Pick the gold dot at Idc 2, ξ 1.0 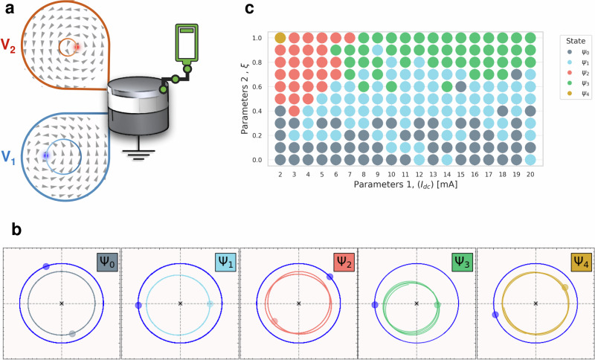click(x=280, y=38)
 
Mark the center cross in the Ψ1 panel click(x=180, y=303)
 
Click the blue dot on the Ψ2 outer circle click(x=329, y=277)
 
